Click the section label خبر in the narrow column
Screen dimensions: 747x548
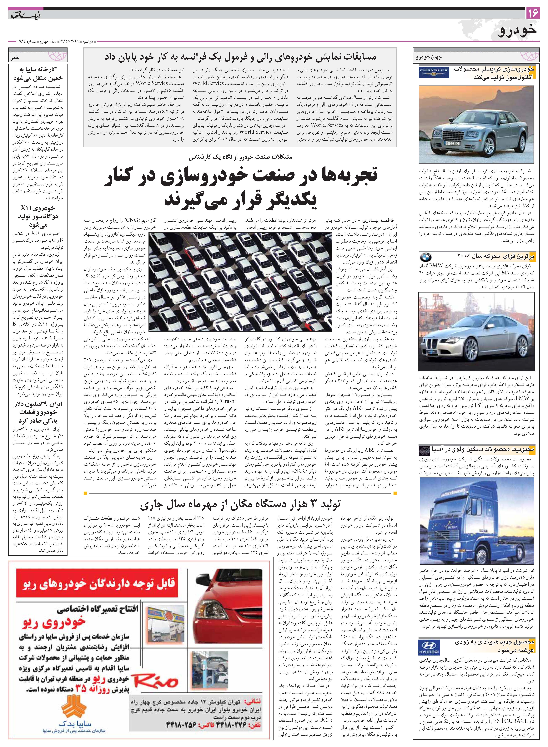point(15,57)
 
